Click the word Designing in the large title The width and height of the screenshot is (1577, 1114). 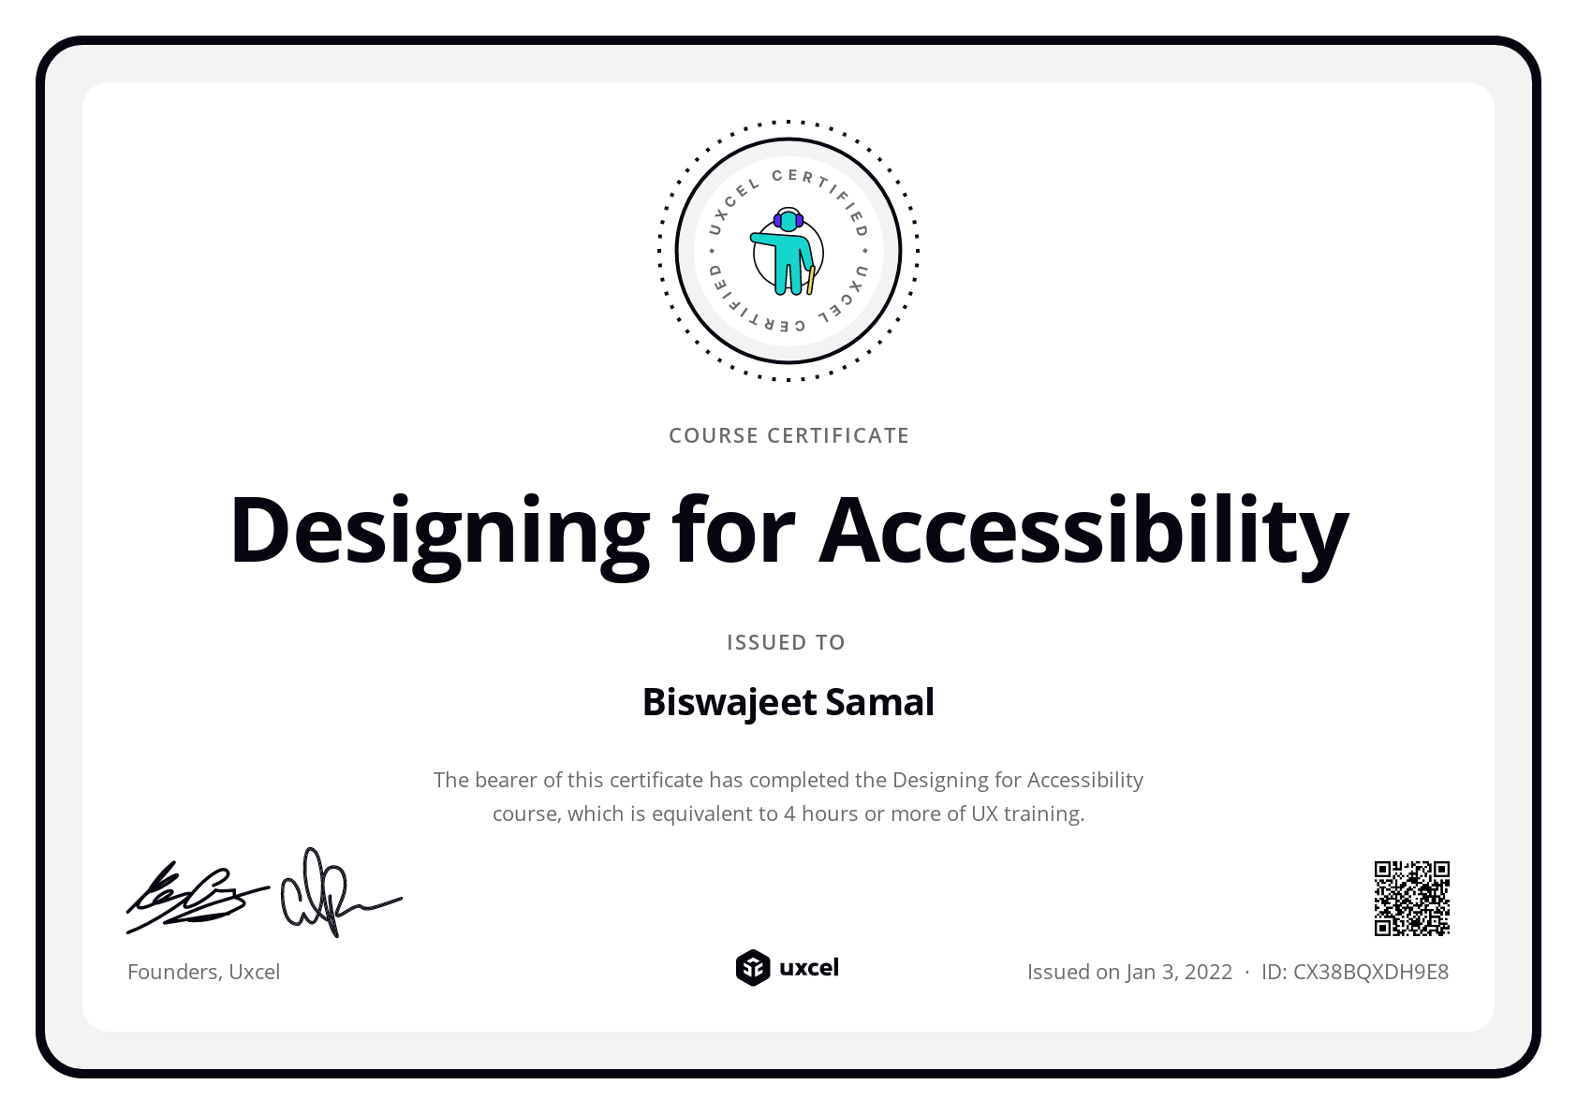[439, 531]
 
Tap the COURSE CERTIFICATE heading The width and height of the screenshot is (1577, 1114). [788, 435]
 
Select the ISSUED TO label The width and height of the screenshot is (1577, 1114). [786, 642]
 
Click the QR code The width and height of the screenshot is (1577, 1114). [1411, 898]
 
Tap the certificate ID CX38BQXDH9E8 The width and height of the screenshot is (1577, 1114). [1370, 972]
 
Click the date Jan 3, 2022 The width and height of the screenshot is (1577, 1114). [1179, 972]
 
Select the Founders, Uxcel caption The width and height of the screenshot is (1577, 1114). [203, 972]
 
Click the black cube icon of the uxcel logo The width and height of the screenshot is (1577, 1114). [752, 968]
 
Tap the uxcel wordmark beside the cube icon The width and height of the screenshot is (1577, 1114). [809, 967]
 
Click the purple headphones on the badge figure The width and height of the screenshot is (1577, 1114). [788, 220]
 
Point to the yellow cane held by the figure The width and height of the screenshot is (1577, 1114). [811, 280]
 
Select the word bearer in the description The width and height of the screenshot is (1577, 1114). [506, 780]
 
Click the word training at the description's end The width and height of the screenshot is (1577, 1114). [1043, 814]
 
